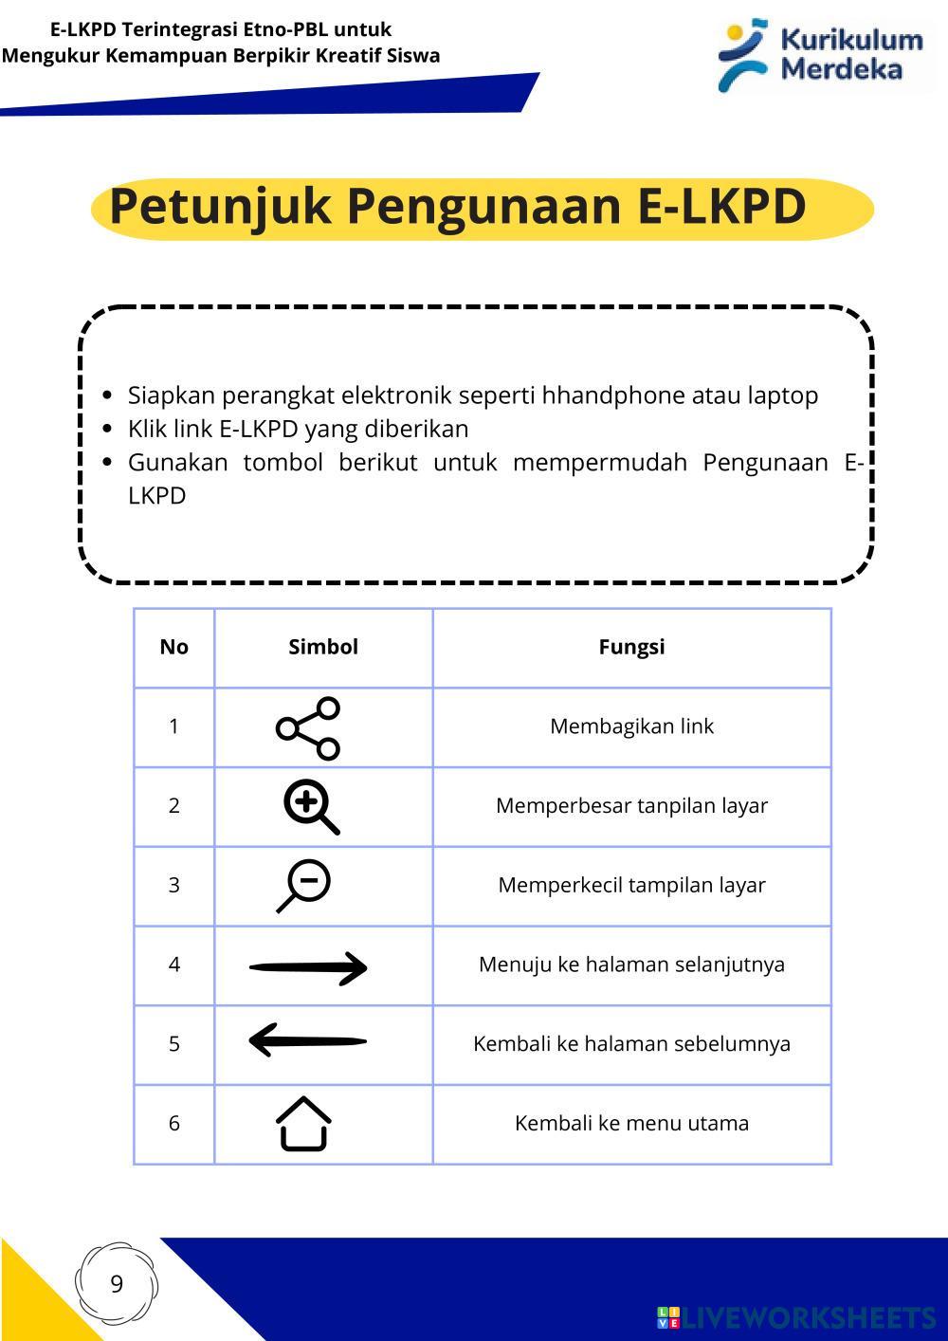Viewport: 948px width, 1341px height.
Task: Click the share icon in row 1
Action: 308,728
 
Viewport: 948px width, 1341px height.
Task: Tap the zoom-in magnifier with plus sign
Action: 310,807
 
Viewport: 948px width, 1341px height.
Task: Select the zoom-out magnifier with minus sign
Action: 304,886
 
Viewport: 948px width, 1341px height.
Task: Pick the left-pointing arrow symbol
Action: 307,1040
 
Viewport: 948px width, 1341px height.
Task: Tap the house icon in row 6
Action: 303,1124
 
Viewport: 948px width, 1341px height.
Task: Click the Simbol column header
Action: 323,647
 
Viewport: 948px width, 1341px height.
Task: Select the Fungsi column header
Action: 631,647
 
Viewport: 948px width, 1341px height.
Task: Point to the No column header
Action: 173,647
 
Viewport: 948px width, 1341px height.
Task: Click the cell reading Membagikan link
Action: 631,726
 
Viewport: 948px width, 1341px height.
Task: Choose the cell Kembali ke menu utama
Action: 631,1123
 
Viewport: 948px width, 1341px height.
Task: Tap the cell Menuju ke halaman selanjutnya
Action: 631,964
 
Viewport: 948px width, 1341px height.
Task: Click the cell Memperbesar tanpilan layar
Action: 631,806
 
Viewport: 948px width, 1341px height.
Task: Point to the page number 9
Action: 117,1284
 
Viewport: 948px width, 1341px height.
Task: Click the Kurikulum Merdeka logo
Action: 822,55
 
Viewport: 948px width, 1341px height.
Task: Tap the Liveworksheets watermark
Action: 796,1317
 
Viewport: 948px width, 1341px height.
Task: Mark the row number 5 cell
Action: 173,1043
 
